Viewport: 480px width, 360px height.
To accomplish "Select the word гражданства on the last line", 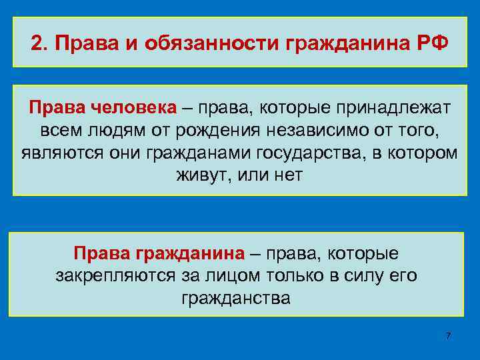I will coord(236,297).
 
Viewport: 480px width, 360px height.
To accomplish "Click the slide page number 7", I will coord(448,335).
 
